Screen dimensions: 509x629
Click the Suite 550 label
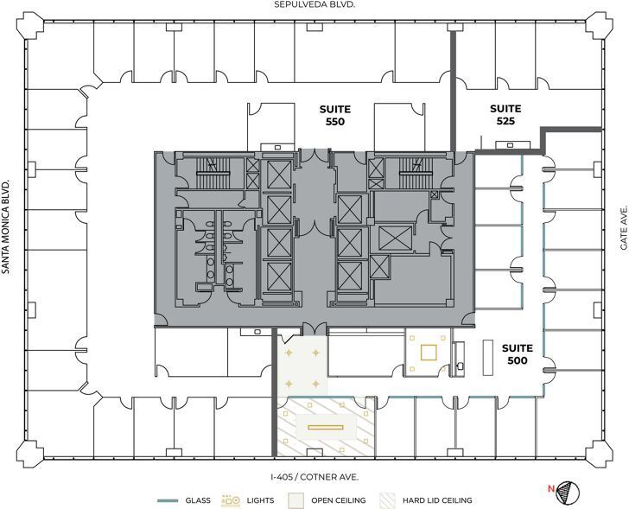tap(334, 115)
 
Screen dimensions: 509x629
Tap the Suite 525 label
tap(505, 115)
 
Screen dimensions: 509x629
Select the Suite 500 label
tap(518, 353)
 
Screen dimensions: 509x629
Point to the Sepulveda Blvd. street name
tap(314, 5)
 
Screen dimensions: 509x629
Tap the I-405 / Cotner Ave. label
tap(314, 477)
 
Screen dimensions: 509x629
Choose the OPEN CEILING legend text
tap(339, 500)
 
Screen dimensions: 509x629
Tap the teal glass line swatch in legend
tap(168, 500)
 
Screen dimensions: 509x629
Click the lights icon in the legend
tap(231, 500)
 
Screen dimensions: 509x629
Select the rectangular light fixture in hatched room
tap(327, 427)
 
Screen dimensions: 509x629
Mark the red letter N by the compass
tap(550, 488)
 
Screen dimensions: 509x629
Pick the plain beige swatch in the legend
tap(295, 500)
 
